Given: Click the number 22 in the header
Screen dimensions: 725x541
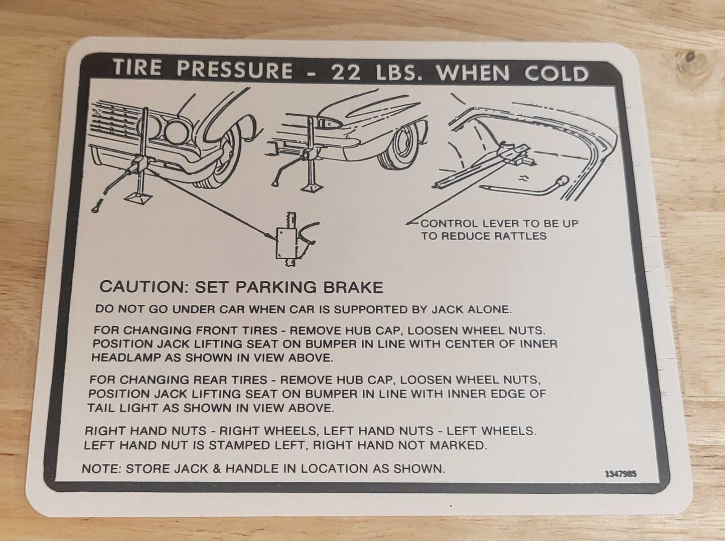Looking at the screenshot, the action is [346, 72].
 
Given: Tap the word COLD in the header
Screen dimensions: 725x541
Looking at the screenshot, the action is [556, 74].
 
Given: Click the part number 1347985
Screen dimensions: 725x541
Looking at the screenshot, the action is [621, 474].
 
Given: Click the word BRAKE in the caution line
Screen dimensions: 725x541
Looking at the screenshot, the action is [353, 287].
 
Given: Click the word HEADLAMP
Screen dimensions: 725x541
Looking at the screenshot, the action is [125, 358].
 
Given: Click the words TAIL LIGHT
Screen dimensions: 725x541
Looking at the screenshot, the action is [122, 408].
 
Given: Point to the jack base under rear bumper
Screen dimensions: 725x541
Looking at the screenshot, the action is [312, 188].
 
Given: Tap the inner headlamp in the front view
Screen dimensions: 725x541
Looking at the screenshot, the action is [177, 132].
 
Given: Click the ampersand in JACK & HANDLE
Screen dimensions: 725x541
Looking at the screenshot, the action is [217, 469].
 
